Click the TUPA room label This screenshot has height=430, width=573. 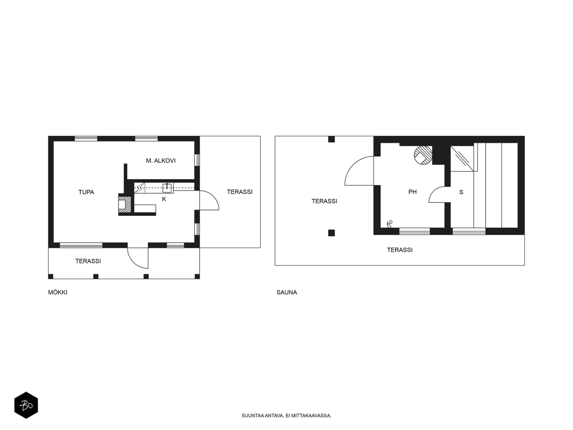(86, 192)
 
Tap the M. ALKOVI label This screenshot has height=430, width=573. (161, 161)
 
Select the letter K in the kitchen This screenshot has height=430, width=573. (164, 199)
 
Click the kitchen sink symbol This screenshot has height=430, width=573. (167, 187)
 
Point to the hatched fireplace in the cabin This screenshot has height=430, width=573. (125, 204)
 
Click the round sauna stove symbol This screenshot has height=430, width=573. (423, 156)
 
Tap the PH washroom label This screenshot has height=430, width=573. (413, 192)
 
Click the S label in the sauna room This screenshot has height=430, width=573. (461, 192)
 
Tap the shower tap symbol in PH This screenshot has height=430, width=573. (390, 224)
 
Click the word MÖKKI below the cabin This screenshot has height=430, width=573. (58, 292)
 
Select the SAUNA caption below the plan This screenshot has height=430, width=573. (287, 292)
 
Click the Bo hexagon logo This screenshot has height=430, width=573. (26, 405)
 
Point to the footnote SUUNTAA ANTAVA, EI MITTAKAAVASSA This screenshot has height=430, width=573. (286, 415)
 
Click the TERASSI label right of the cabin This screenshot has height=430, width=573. (240, 192)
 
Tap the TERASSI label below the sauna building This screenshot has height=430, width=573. (400, 250)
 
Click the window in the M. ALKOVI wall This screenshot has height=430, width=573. (197, 160)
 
